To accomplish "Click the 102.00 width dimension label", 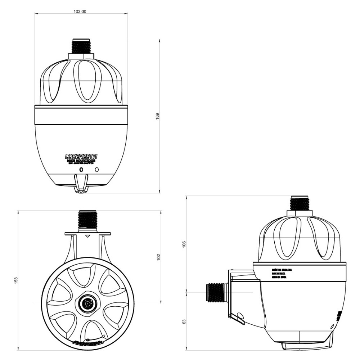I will click(x=80, y=11).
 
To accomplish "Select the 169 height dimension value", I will click(x=157, y=116).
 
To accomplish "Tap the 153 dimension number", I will click(x=15, y=280).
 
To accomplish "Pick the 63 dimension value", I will click(x=184, y=321).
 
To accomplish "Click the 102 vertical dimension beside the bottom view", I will click(x=158, y=257).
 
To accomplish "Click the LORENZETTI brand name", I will click(x=81, y=156).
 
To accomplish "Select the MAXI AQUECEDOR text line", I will click(x=81, y=161).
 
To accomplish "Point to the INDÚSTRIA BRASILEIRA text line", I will click(x=282, y=269).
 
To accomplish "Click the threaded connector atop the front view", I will click(x=81, y=46).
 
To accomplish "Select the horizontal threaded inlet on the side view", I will click(x=216, y=292).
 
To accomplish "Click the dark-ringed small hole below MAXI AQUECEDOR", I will click(x=81, y=169).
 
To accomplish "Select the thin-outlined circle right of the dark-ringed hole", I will click(x=97, y=169).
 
